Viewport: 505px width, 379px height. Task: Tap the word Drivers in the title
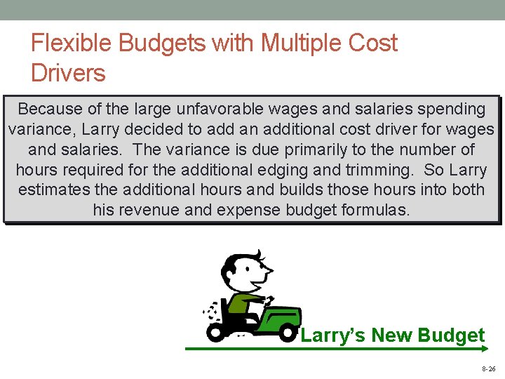point(68,73)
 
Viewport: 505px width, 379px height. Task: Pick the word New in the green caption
point(392,335)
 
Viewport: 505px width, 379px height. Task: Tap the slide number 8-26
point(488,368)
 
